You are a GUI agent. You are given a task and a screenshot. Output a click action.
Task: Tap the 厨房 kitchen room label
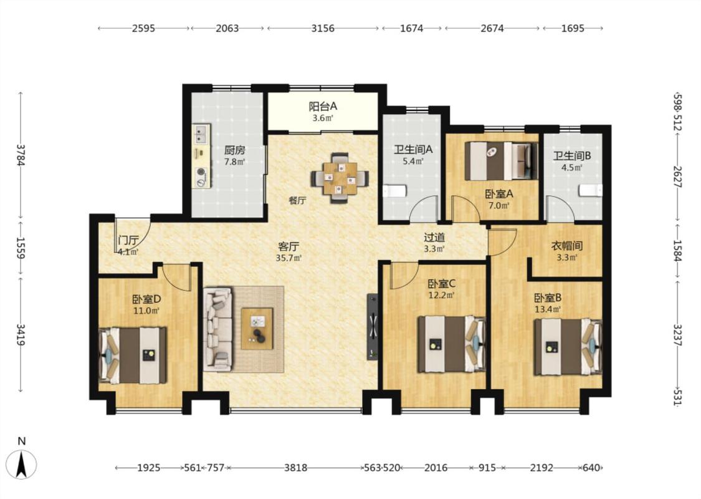(x=235, y=150)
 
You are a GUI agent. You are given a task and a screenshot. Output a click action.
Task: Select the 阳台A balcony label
(x=323, y=107)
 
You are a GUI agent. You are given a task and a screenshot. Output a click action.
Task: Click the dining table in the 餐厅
(x=340, y=178)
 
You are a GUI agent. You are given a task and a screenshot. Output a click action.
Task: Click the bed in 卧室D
(x=132, y=356)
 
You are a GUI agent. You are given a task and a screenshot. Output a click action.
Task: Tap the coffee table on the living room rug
(x=257, y=329)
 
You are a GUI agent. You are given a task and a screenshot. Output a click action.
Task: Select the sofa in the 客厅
(x=217, y=329)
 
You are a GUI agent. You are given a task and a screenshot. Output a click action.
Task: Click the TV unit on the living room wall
(x=373, y=327)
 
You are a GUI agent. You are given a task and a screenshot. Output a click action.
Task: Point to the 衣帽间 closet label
(x=567, y=246)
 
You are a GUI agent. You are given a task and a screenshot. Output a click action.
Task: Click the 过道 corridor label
(x=434, y=237)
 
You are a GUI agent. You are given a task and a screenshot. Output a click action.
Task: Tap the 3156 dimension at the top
(x=323, y=28)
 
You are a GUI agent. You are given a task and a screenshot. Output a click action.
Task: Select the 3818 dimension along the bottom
(x=296, y=468)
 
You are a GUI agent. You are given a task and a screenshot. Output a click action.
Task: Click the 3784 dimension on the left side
(x=20, y=155)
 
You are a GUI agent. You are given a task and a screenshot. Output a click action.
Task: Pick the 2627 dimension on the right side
(x=678, y=177)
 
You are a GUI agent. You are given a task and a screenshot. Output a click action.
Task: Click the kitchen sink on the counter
(x=202, y=133)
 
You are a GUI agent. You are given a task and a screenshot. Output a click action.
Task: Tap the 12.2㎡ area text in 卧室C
(x=441, y=295)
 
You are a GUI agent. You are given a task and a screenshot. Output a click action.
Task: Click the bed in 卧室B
(x=568, y=347)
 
